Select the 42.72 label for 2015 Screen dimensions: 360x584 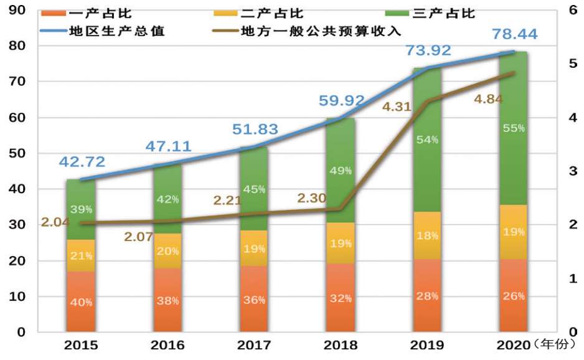pyautogui.click(x=82, y=162)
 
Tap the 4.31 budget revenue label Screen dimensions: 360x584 pyautogui.click(x=397, y=107)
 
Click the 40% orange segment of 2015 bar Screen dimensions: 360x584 pyautogui.click(x=81, y=302)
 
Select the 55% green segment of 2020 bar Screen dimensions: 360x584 pyautogui.click(x=514, y=128)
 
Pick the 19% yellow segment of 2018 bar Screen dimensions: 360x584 pyautogui.click(x=340, y=244)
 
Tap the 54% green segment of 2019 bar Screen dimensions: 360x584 pyautogui.click(x=427, y=140)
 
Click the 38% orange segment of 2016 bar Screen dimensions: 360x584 pyautogui.click(x=167, y=300)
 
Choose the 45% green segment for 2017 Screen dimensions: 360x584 pyautogui.click(x=254, y=189)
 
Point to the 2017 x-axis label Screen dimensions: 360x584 pyautogui.click(x=254, y=345)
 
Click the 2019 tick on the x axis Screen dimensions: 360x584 pyautogui.click(x=427, y=345)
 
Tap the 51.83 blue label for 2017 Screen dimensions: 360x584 pyautogui.click(x=255, y=130)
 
